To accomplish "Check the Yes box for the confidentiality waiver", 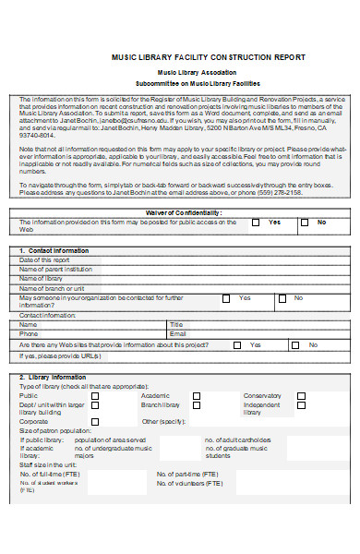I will pos(254,223).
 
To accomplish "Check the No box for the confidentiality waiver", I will pos(303,223).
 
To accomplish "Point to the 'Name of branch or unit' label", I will pos(52,287).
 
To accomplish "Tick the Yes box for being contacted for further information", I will pos(226,298).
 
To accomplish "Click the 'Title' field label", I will pos(176,324).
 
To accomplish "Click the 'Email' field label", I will pos(177,333).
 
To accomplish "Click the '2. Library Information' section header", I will pos(53,378).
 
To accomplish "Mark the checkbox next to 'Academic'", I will pos(197,395).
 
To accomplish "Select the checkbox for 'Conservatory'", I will pos(301,395).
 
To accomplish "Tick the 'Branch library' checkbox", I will pos(197,404).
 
